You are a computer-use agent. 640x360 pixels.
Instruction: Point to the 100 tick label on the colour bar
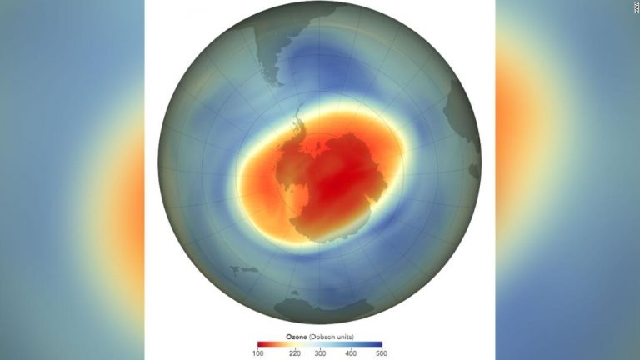[x=260, y=353]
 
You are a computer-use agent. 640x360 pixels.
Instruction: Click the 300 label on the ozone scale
[x=321, y=353]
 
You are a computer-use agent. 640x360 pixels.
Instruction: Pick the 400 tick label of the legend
[x=351, y=353]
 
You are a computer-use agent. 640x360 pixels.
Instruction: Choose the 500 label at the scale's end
[x=380, y=353]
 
